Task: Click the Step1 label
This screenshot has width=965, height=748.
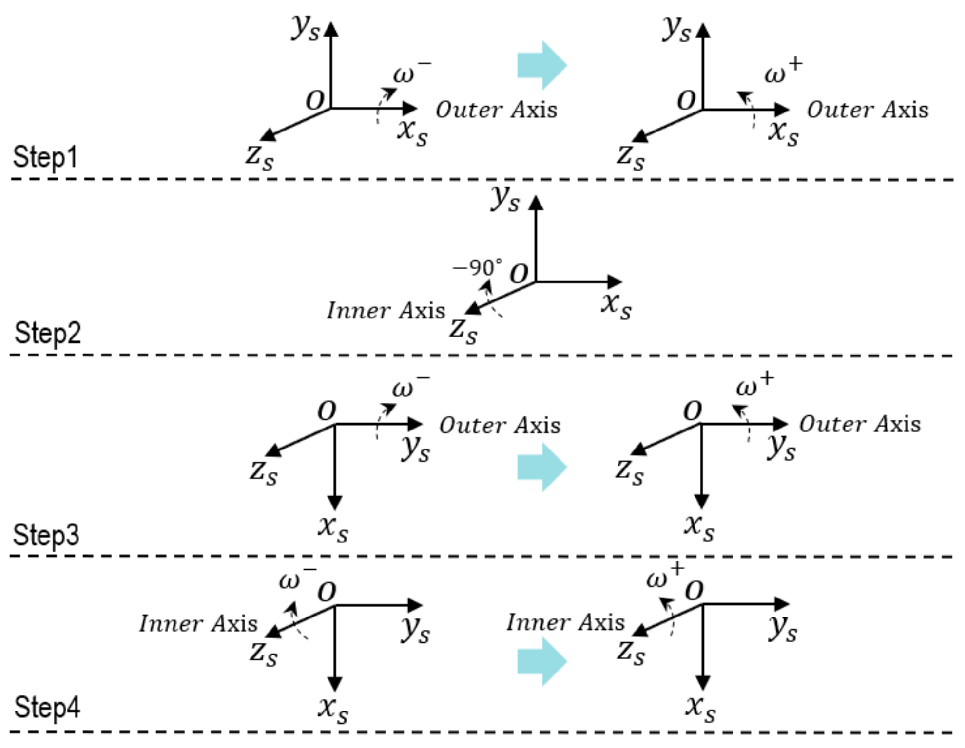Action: tap(45, 157)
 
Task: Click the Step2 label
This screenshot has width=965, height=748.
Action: tap(47, 333)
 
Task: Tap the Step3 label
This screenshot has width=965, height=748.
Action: tap(46, 535)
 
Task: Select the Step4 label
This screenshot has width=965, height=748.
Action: tap(47, 707)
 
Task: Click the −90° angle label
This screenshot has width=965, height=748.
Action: tap(477, 267)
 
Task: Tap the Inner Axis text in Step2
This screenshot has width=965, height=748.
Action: tap(386, 311)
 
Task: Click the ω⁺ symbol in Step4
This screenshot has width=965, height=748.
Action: tap(664, 577)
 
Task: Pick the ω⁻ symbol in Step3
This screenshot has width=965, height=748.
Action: tap(409, 387)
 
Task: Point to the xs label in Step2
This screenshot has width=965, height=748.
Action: tap(616, 305)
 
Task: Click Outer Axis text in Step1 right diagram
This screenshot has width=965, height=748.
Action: tap(868, 110)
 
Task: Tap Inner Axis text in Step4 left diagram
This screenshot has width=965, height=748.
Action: tap(198, 624)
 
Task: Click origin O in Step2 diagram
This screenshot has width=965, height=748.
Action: tap(519, 274)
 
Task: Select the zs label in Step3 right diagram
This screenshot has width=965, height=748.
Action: tap(629, 472)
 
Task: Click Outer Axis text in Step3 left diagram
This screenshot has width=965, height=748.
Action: tap(500, 426)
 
